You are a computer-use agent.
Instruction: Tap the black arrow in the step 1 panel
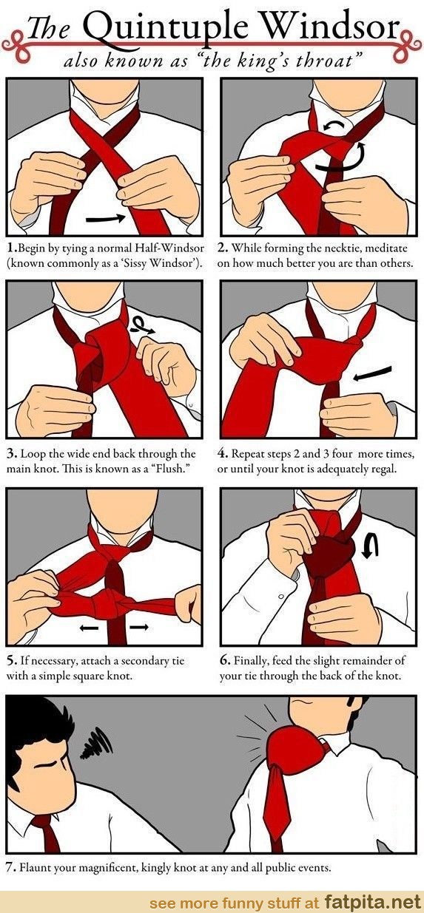(x=106, y=219)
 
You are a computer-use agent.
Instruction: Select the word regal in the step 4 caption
(x=383, y=469)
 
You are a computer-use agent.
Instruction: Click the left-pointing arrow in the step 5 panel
(x=90, y=628)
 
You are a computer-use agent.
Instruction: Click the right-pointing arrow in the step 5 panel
(x=138, y=627)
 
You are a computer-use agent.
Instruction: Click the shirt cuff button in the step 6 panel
(x=281, y=596)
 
